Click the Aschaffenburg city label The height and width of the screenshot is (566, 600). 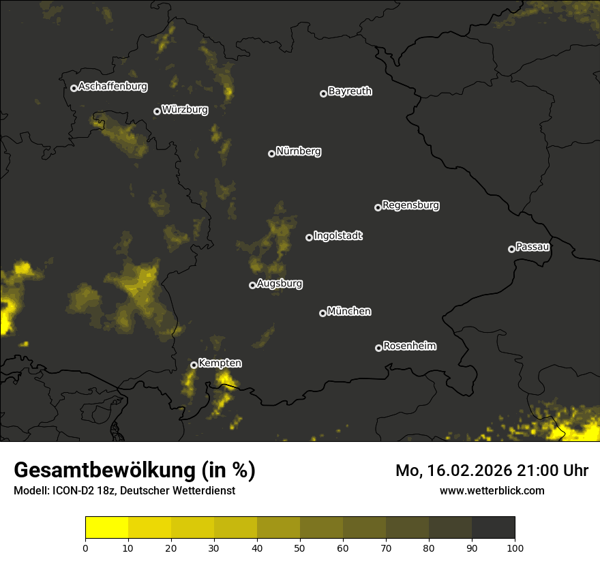point(112,87)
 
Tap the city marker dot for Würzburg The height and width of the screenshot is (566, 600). point(157,111)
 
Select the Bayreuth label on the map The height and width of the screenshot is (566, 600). point(350,91)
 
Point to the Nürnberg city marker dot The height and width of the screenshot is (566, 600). point(271,153)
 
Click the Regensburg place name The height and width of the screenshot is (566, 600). point(410,205)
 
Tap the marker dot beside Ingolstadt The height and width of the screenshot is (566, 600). point(309,237)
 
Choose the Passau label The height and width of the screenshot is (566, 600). point(532,247)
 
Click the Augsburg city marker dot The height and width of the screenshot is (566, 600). point(252,285)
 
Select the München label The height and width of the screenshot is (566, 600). point(349,312)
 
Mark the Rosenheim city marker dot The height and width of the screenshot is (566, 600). point(378,348)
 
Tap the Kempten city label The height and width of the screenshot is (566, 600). point(220,363)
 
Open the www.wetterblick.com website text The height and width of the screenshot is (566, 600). point(492,490)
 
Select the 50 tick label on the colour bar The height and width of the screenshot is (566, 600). point(300,548)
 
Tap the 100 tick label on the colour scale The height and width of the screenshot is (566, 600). point(514,548)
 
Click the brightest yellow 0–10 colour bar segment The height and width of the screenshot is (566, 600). point(107,528)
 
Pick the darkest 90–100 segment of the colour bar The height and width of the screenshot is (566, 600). point(493,528)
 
